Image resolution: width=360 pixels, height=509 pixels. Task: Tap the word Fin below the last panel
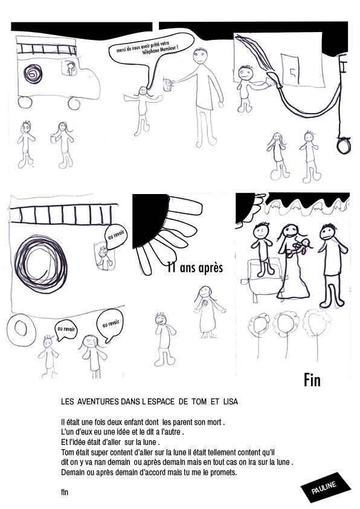(x=312, y=380)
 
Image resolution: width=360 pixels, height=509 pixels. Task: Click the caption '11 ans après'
(x=195, y=268)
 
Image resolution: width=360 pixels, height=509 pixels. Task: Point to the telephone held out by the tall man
(x=168, y=85)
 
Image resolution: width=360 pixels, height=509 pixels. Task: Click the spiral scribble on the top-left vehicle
(x=33, y=74)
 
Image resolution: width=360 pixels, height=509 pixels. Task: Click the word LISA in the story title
(x=231, y=401)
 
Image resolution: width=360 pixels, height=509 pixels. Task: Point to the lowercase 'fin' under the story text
(x=65, y=492)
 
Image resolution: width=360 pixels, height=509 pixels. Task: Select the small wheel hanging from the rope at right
(x=344, y=146)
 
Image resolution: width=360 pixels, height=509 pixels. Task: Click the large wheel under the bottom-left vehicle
(x=21, y=329)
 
